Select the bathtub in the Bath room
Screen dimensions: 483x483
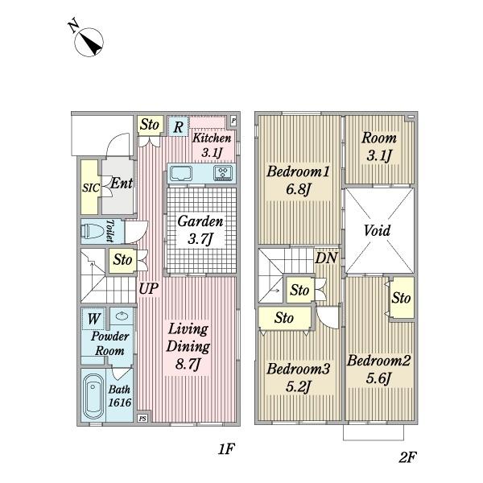[93, 397]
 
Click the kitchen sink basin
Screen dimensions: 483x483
[181, 173]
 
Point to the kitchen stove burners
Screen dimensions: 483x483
[223, 173]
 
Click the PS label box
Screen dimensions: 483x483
[142, 419]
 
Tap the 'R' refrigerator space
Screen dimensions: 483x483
[178, 126]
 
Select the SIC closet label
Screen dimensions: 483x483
[90, 188]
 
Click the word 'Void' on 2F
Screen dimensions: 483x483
[377, 230]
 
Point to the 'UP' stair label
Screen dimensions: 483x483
[148, 289]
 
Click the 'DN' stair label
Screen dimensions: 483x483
[326, 258]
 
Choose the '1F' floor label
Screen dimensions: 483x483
[226, 449]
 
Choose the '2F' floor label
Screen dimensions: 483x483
[408, 457]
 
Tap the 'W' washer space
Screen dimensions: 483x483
[93, 319]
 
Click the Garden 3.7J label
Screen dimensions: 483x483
[200, 229]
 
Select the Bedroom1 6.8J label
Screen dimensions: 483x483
[298, 180]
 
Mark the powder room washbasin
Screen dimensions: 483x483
[122, 316]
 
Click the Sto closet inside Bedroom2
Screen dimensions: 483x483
[402, 298]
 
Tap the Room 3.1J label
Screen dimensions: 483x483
[379, 147]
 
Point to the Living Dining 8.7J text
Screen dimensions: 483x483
[188, 346]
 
